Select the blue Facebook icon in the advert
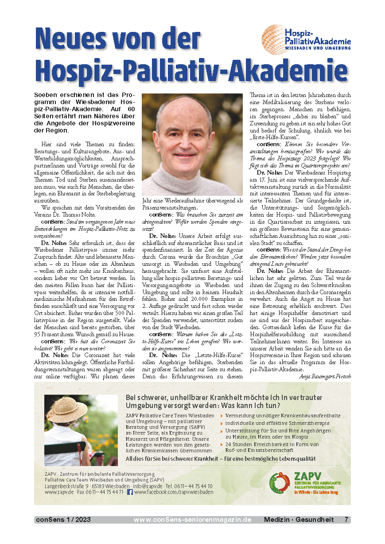point(130,492)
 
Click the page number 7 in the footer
point(346,520)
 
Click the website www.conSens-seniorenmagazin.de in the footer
point(192,520)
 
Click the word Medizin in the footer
point(277,520)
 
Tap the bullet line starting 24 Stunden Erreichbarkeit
point(272,444)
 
